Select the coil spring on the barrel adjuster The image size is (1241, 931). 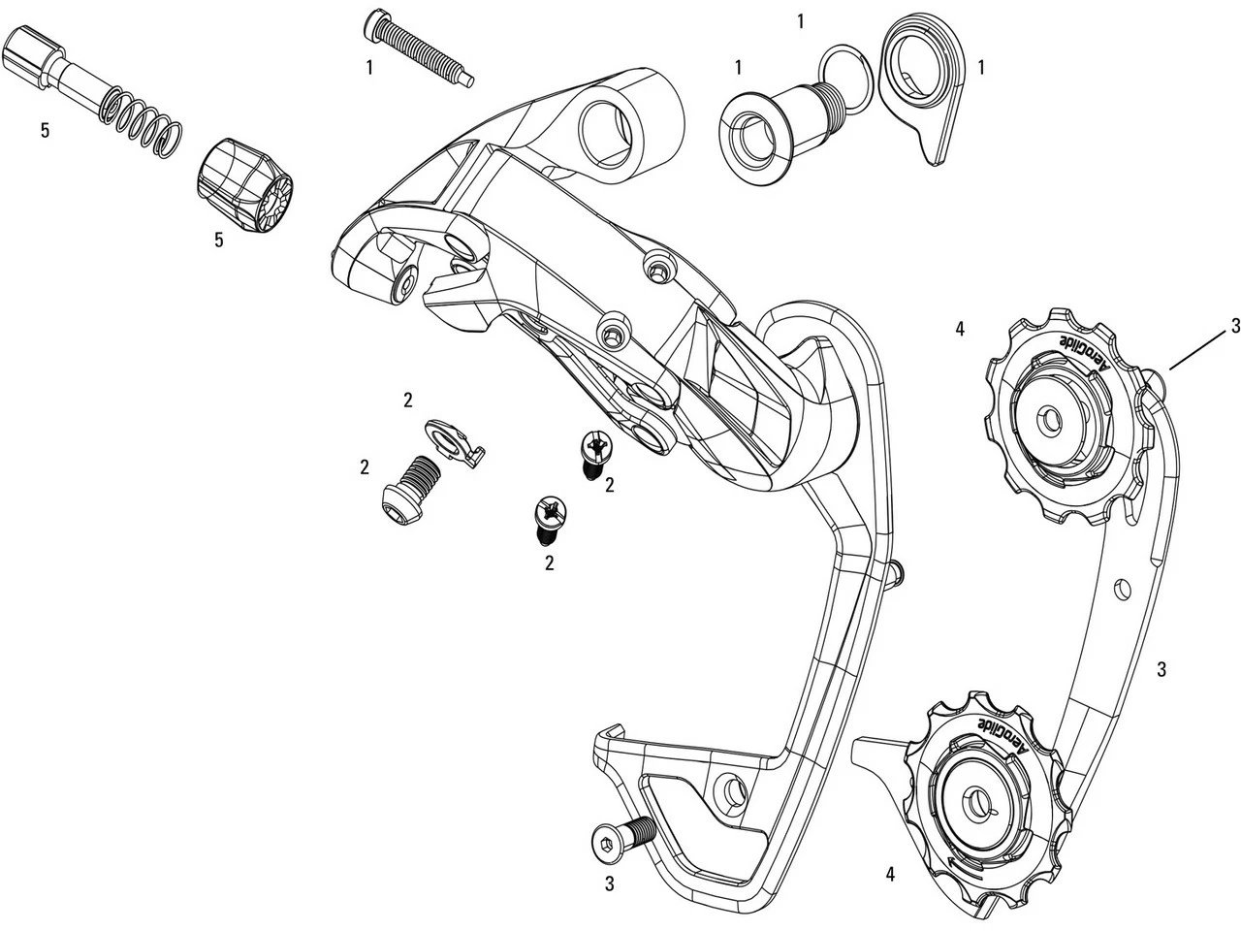pyautogui.click(x=142, y=120)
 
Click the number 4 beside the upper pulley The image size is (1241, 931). pyautogui.click(x=959, y=330)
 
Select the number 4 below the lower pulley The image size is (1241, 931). pyautogui.click(x=890, y=873)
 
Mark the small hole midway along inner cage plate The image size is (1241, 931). pyautogui.click(x=1122, y=588)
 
